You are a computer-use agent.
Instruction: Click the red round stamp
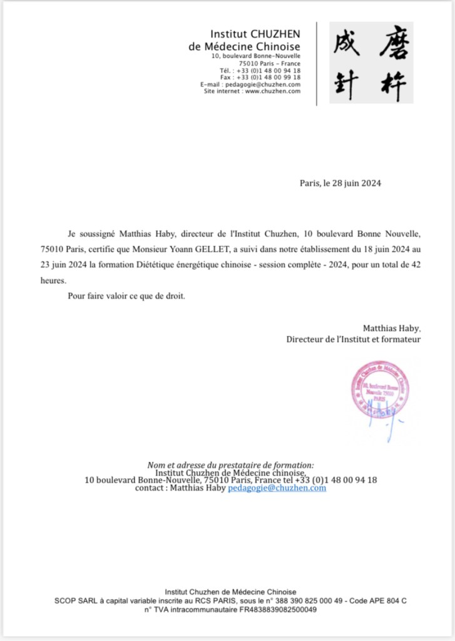pyautogui.click(x=380, y=388)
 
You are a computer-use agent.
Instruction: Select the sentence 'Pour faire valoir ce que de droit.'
pyautogui.click(x=126, y=296)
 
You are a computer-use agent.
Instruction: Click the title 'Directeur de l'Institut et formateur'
pyautogui.click(x=354, y=339)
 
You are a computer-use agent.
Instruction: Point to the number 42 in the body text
pyautogui.click(x=415, y=265)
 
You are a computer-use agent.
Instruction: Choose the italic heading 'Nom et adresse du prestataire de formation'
pyautogui.click(x=230, y=465)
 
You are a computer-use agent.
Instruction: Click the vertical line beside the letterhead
pyautogui.click(x=317, y=63)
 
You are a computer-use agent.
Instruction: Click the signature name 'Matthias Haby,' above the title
pyautogui.click(x=392, y=328)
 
